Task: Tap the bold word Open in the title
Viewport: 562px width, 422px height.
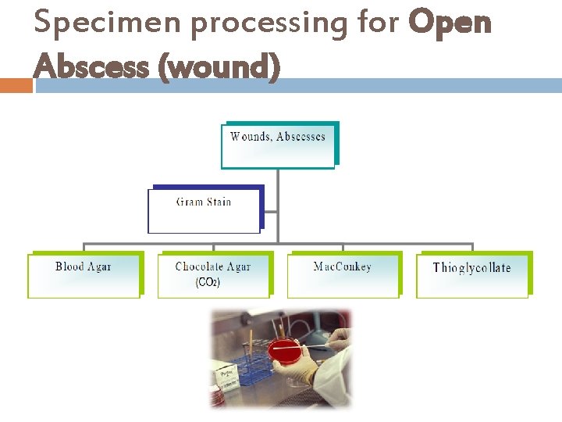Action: pos(450,23)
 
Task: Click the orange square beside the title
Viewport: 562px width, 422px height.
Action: pos(16,85)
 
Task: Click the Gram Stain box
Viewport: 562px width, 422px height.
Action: pos(204,210)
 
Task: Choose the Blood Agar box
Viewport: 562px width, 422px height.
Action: pos(84,275)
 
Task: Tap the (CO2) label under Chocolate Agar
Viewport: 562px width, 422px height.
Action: pos(208,283)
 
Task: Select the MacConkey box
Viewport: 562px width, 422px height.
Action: pos(342,275)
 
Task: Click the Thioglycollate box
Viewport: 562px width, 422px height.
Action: pos(471,275)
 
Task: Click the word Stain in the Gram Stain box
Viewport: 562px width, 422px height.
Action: pos(219,202)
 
